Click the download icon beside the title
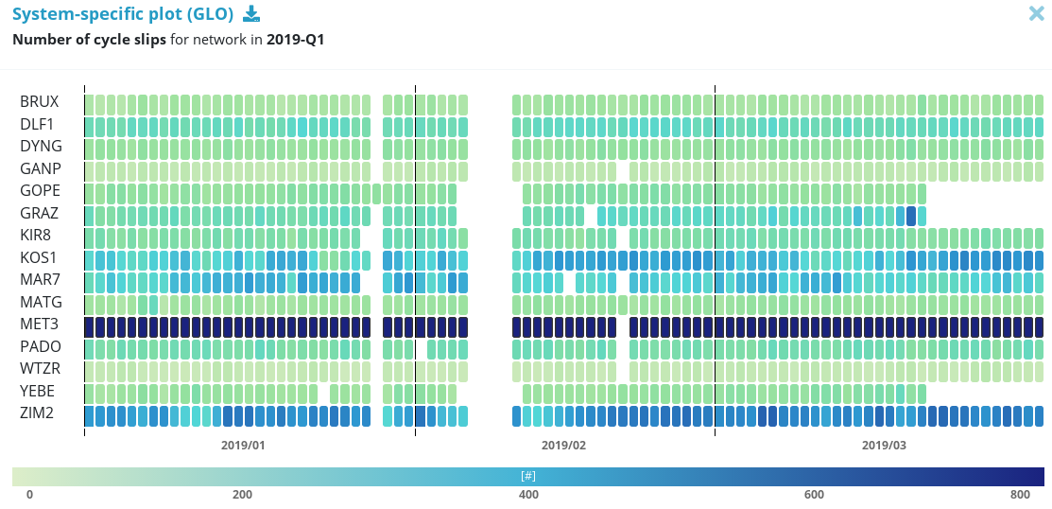[x=250, y=13]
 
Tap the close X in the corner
[x=1036, y=13]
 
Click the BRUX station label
[x=40, y=102]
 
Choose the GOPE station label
[x=41, y=191]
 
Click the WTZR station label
[x=41, y=369]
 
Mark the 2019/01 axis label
[x=244, y=445]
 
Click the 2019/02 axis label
[x=564, y=445]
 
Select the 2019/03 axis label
[x=884, y=445]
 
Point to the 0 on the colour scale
[x=29, y=495]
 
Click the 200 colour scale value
[x=242, y=495]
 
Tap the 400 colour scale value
[x=528, y=495]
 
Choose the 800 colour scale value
[x=1020, y=495]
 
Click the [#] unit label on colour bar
[x=527, y=475]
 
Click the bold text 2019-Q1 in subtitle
[x=295, y=40]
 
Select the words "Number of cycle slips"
[x=89, y=40]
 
